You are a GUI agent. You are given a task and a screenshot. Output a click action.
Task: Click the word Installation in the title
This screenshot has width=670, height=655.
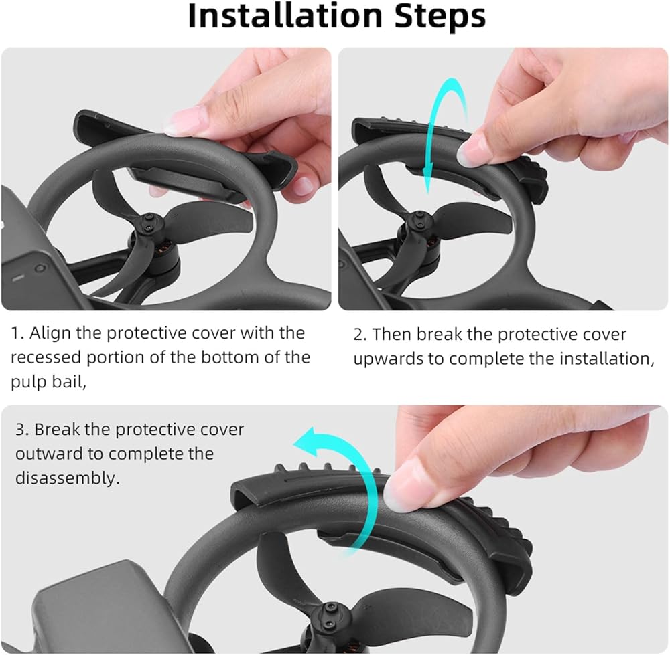[x=285, y=16]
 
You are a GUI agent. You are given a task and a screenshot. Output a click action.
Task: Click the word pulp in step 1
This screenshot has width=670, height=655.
[x=29, y=382]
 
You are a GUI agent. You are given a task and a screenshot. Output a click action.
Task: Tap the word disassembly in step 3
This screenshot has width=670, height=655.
[x=67, y=478]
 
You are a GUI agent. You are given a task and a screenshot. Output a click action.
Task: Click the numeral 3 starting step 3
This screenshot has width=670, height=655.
[x=21, y=430]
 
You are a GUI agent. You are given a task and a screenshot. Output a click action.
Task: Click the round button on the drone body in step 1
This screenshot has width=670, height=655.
[x=40, y=268]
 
